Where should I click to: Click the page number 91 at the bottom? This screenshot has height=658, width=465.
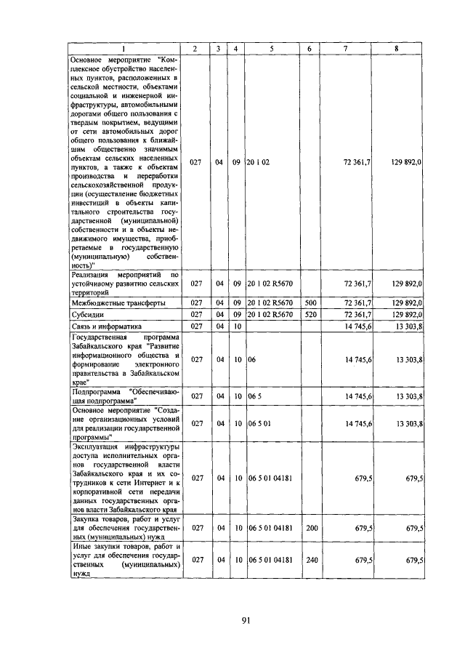(x=246, y=619)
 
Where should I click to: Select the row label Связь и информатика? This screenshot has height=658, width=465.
(x=106, y=326)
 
